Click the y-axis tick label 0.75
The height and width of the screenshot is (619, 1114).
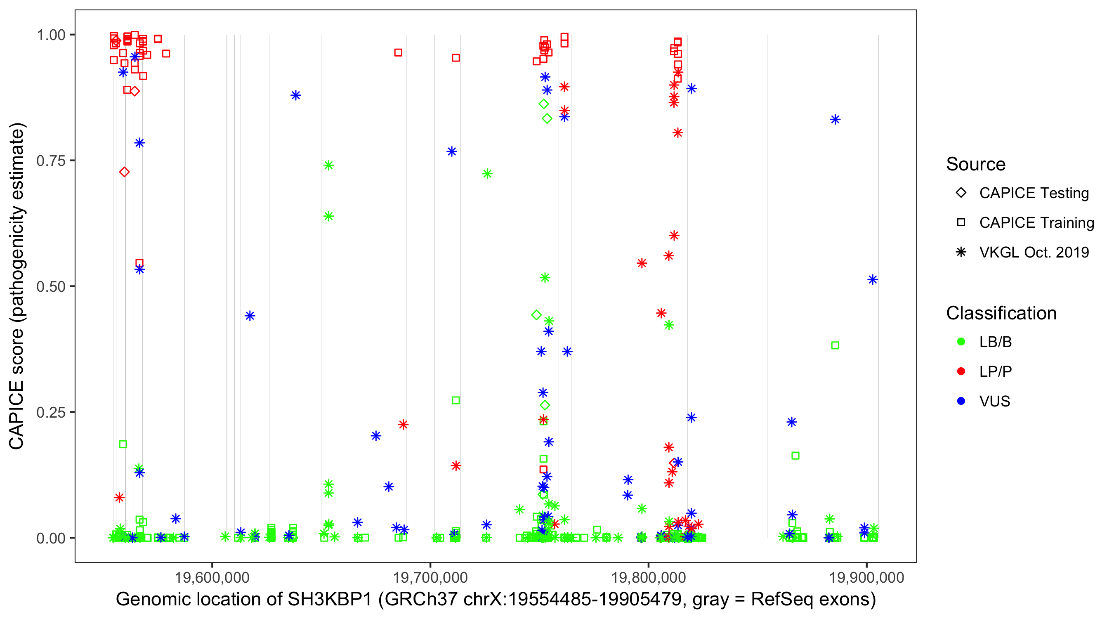[x=50, y=161]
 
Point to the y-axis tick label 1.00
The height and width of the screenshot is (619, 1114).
[x=50, y=35]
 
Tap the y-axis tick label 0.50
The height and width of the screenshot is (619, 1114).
[x=50, y=286]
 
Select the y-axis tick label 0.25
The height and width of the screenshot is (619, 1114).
[x=50, y=412]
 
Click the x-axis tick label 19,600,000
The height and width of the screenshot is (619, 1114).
[x=212, y=577]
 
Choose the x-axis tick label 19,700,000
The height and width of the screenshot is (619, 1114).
[x=430, y=577]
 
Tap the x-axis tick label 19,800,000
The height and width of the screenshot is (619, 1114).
[x=649, y=577]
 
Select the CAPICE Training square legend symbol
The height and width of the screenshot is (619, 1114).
[x=961, y=223]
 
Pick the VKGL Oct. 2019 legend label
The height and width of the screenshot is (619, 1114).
[x=1034, y=252]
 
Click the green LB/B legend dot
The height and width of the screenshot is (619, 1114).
[x=961, y=342]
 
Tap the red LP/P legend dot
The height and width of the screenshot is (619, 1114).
[x=961, y=371]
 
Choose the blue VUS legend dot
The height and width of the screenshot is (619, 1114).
[x=961, y=401]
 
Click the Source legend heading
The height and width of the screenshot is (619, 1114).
[x=976, y=164]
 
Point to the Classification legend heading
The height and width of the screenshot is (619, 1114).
[x=1001, y=313]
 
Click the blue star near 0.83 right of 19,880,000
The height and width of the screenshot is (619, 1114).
[x=835, y=119]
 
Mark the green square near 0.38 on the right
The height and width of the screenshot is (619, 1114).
[x=835, y=345]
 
